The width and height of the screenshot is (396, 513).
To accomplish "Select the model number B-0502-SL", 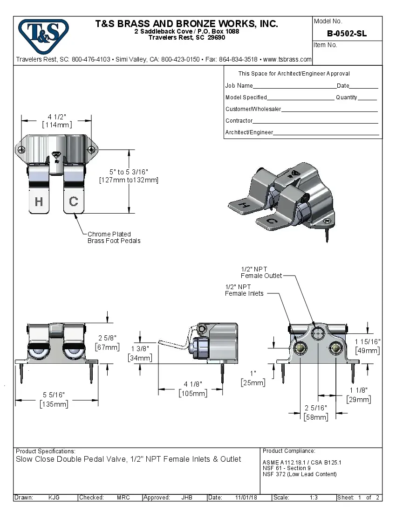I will point(347,34).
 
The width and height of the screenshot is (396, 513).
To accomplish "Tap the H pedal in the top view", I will point(39,201).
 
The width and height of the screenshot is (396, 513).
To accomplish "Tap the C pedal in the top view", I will point(74,201).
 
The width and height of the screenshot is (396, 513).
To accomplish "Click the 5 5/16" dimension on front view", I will point(54,395).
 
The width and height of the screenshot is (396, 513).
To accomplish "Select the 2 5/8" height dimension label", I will point(108,338).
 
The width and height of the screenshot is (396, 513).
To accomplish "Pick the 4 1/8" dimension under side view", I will point(193,384).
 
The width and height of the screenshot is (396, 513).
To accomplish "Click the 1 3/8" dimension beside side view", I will point(140,349).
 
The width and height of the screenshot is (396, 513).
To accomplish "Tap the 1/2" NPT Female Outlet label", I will point(261,272).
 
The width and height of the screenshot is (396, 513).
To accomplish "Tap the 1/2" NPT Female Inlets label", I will point(244,290).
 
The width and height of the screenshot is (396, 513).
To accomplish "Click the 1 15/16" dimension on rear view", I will point(368,342).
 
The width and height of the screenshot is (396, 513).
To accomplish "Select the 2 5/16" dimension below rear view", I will point(316,408).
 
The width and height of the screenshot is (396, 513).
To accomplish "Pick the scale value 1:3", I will point(314,498).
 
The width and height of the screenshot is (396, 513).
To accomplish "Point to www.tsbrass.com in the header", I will point(287,59).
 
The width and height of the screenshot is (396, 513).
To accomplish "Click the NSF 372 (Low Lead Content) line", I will point(300,474).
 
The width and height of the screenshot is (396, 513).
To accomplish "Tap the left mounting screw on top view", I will point(22,150).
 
